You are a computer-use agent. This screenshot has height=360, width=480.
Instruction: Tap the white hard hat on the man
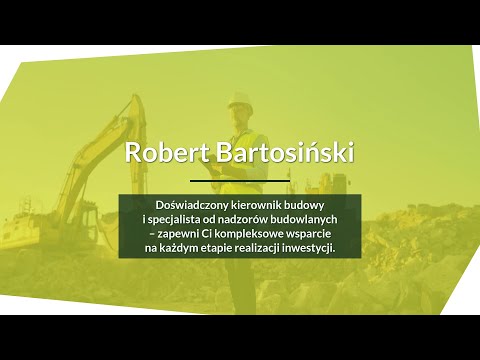pyautogui.click(x=238, y=99)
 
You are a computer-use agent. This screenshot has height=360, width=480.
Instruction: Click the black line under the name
pyautogui.click(x=240, y=181)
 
